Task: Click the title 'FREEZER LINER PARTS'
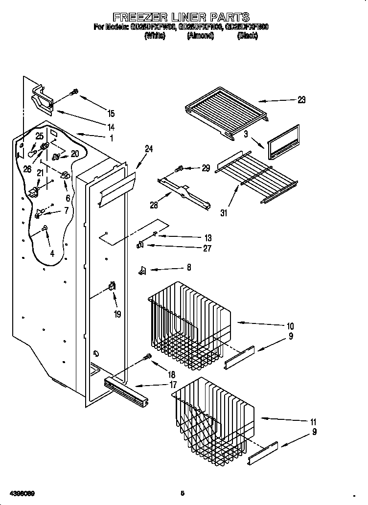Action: click(x=181, y=19)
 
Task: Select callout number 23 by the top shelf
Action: click(x=301, y=100)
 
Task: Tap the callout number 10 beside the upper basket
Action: click(x=290, y=325)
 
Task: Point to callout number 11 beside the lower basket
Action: click(x=313, y=422)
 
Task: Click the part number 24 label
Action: click(x=149, y=149)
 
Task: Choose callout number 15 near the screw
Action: click(x=111, y=114)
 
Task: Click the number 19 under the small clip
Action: click(x=117, y=314)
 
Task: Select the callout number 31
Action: click(x=225, y=212)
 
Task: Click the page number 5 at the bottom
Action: click(x=182, y=493)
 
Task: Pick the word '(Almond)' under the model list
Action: click(x=200, y=36)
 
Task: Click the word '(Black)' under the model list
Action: click(x=247, y=36)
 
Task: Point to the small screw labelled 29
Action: click(x=179, y=169)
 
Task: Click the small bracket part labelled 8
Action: click(x=142, y=270)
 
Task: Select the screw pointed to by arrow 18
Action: click(x=145, y=358)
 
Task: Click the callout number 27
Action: click(x=207, y=249)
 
